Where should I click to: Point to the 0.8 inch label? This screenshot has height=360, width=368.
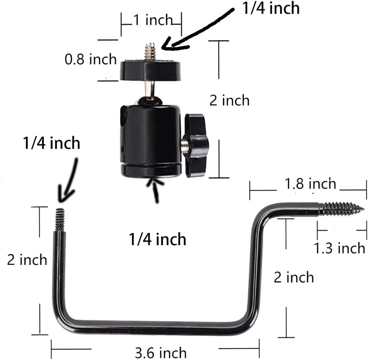point(91,59)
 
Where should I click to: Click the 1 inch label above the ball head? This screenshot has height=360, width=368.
point(152,20)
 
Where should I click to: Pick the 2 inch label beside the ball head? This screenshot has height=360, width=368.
point(229,100)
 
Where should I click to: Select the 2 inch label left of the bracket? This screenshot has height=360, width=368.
point(27,260)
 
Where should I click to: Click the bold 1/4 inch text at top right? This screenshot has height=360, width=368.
point(270,8)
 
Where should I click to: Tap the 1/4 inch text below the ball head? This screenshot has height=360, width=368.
point(158,240)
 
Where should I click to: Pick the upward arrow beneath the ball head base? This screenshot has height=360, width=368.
point(156,190)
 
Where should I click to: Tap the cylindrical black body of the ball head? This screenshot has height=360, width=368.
point(149,134)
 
